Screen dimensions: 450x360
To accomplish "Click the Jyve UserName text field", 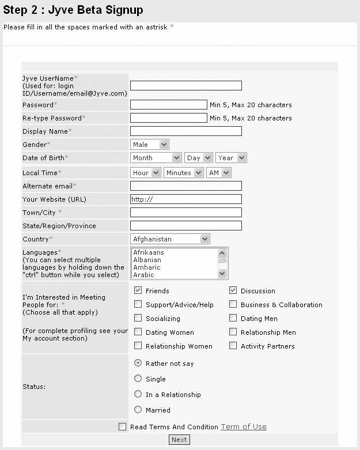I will (x=185, y=86).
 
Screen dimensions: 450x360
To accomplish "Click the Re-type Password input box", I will (x=168, y=118).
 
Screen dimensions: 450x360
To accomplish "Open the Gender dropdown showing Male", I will (x=149, y=145).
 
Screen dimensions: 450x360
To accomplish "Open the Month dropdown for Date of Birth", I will (x=156, y=158).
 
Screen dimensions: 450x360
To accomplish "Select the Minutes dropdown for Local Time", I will (x=183, y=173).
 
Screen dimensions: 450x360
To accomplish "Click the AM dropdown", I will (x=218, y=173).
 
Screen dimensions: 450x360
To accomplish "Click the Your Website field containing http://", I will (x=185, y=199).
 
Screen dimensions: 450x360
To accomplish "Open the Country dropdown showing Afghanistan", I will (x=170, y=239).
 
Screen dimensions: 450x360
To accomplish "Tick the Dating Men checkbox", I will (x=233, y=318).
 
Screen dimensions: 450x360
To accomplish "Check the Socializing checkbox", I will (x=138, y=318).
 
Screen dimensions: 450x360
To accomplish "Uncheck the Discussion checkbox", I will (x=233, y=290).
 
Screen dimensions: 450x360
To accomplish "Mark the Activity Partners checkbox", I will (x=233, y=346).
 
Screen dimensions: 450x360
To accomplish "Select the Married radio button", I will (x=138, y=410).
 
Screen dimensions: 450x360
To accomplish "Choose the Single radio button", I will (x=138, y=379).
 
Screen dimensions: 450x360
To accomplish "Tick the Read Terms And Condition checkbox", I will (x=122, y=427).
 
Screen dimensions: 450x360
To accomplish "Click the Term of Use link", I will (x=244, y=427).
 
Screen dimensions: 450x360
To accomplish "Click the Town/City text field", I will (x=185, y=213).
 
